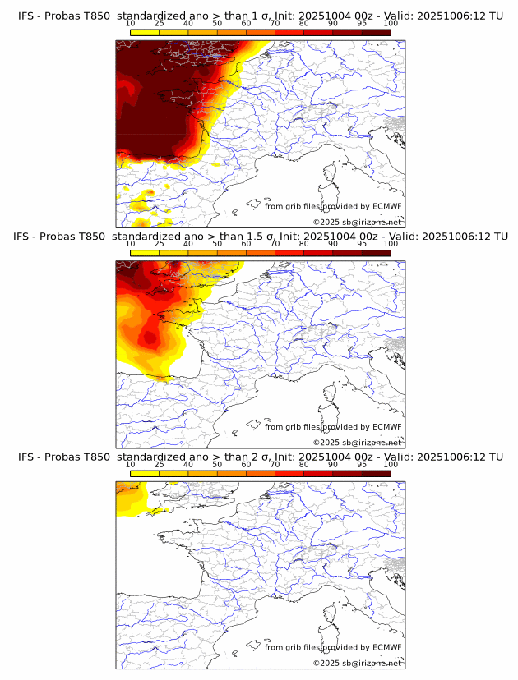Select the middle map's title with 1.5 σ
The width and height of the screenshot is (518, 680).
coord(260,237)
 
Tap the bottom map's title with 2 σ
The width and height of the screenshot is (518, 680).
coord(260,457)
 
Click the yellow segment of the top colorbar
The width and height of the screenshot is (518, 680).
coord(145,33)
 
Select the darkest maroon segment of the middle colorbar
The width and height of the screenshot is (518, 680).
coord(376,253)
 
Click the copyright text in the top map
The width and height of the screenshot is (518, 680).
coord(357,222)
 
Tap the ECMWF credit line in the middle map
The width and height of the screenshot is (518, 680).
coord(333,427)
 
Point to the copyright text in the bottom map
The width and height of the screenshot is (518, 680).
coord(357,663)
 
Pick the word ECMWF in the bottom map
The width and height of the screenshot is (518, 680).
coord(386,647)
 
